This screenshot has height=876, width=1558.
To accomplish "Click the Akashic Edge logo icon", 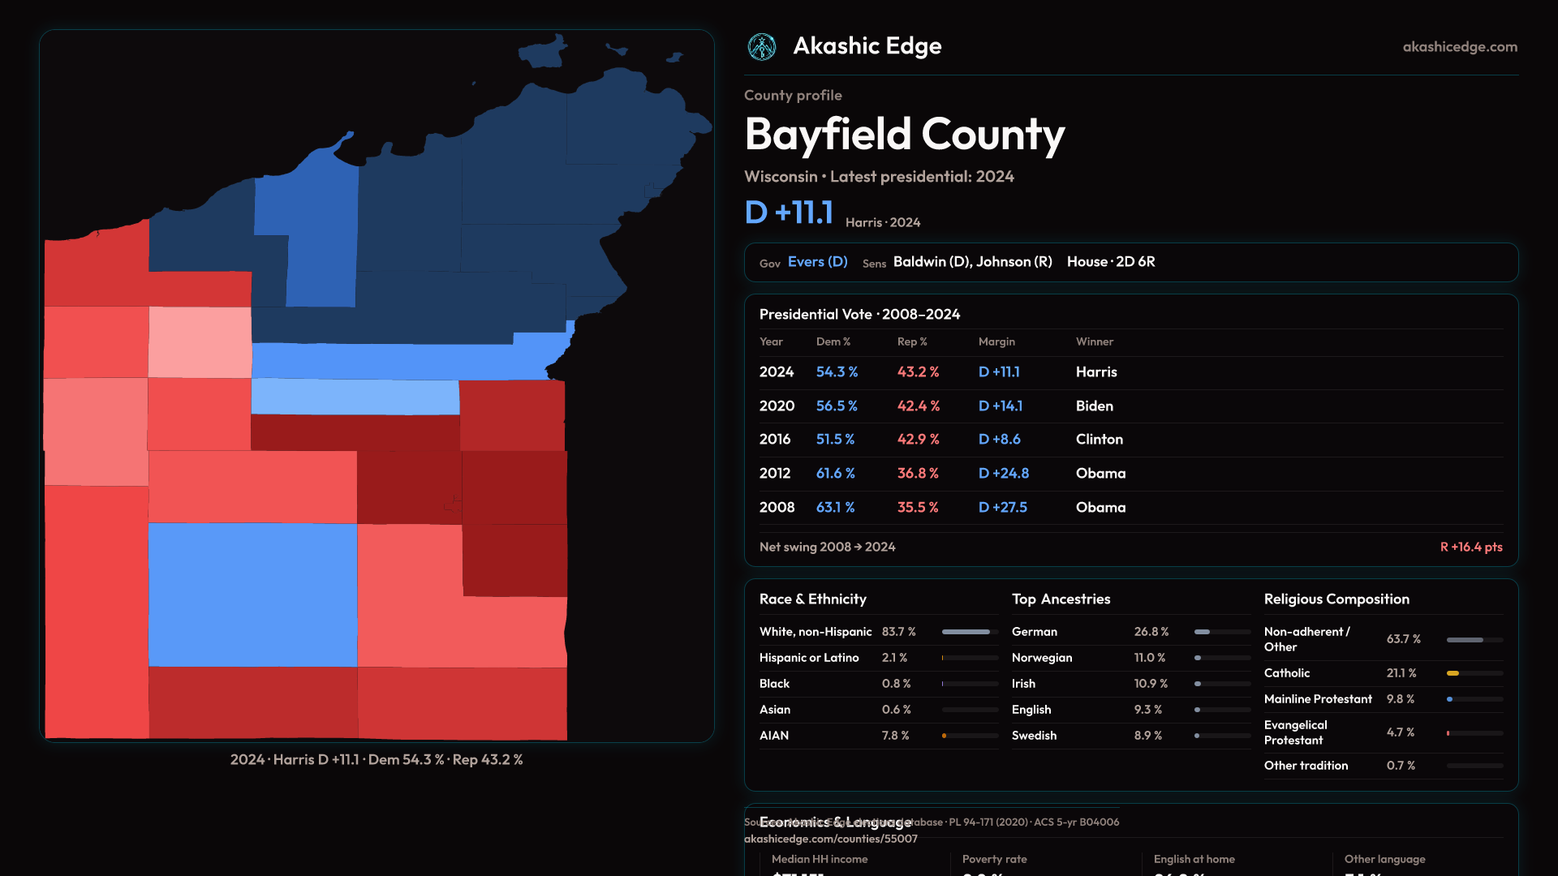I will click(x=761, y=47).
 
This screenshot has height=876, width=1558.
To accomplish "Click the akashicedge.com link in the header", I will click(x=1460, y=47).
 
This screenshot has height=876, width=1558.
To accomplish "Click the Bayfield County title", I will click(x=904, y=134).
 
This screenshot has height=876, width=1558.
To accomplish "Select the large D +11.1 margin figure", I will click(x=789, y=213).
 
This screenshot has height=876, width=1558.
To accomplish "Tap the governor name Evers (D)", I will click(x=817, y=262).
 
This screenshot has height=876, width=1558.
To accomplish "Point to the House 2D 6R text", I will click(x=1111, y=262).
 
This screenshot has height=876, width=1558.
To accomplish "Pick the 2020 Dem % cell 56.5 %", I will click(x=837, y=406).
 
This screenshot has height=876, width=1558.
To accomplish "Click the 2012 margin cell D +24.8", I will click(x=1004, y=474).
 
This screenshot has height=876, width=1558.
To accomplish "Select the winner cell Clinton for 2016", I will click(x=1100, y=440).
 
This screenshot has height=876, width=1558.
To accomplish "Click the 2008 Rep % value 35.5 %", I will click(x=918, y=508).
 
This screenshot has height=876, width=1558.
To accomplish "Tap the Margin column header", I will click(x=996, y=342).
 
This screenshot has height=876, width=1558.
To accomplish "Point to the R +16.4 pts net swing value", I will click(x=1470, y=547).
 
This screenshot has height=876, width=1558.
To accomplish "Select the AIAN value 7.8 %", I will click(x=895, y=736).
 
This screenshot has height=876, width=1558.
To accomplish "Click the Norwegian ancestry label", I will click(x=1042, y=658).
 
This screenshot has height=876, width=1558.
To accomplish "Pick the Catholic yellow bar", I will click(x=1453, y=673).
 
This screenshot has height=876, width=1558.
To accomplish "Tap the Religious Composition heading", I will click(x=1336, y=599).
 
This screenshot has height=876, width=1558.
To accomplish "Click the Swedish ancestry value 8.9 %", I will click(x=1147, y=736).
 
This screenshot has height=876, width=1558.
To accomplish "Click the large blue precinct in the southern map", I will click(x=252, y=595).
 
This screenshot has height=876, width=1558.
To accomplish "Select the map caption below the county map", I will click(x=377, y=760).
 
